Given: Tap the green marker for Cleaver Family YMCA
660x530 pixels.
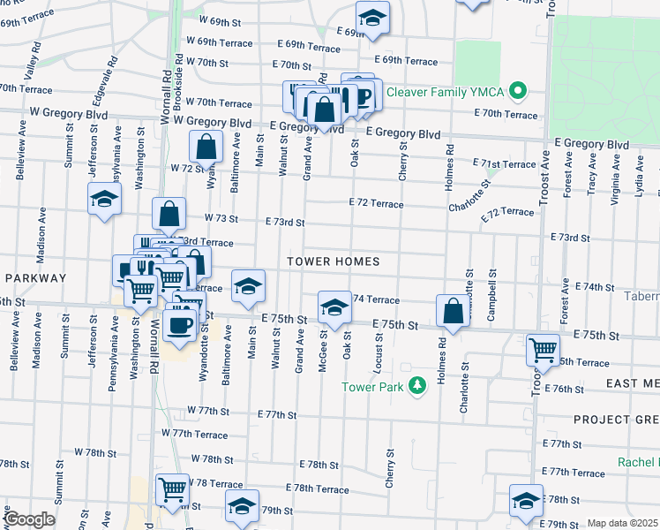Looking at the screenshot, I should click(x=519, y=91).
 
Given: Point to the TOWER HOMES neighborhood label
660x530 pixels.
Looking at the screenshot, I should click(x=334, y=261).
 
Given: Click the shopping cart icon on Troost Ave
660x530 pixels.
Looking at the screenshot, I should click(x=542, y=349).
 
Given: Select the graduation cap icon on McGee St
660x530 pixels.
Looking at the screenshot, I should click(x=334, y=307).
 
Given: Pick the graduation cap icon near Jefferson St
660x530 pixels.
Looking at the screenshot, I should click(x=104, y=199).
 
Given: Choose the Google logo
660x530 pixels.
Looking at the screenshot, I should click(x=29, y=519).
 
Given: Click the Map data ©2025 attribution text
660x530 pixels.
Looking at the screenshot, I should click(x=622, y=523).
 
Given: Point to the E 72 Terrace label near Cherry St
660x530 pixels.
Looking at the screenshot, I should click(x=376, y=204).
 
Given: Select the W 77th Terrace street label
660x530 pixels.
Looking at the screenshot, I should click(x=195, y=434).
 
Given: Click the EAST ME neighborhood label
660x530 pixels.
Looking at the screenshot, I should click(x=633, y=383).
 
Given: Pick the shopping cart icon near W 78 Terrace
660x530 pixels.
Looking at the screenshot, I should click(x=172, y=488).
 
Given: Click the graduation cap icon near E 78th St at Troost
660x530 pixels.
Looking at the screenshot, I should click(x=526, y=500).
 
